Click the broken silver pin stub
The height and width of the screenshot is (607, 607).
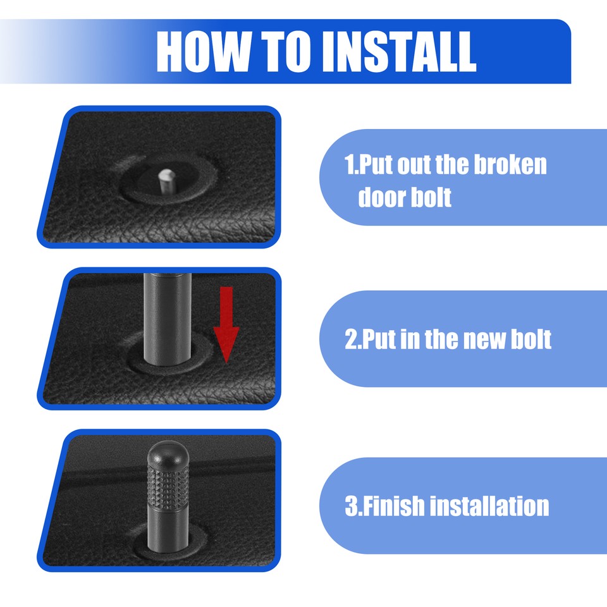click(166, 180)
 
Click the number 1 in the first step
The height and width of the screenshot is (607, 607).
click(348, 166)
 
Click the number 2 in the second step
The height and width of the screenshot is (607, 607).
click(350, 340)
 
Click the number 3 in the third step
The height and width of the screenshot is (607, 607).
click(350, 506)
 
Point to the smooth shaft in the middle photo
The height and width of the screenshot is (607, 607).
click(167, 316)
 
